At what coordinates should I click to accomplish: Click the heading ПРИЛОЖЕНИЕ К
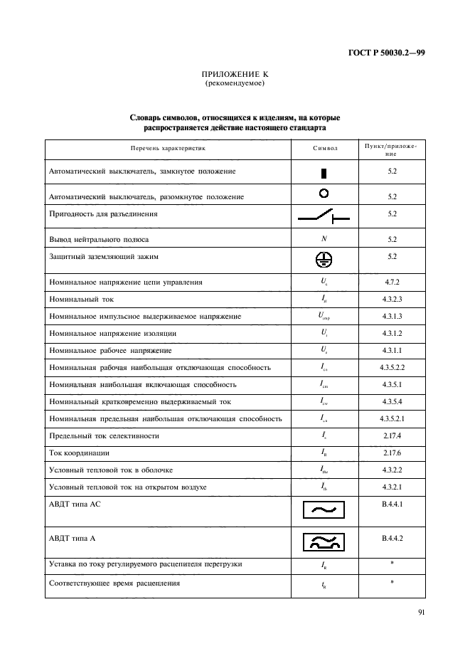(x=235, y=74)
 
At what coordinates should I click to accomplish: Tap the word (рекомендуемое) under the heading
(x=235, y=83)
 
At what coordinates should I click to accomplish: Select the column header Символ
(x=324, y=149)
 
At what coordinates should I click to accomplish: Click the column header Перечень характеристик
(x=168, y=149)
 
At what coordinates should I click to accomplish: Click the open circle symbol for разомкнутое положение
(x=324, y=193)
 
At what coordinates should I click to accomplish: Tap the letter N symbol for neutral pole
(x=324, y=239)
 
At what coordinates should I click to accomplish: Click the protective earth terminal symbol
(x=324, y=260)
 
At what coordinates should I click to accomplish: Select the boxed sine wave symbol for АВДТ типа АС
(x=324, y=510)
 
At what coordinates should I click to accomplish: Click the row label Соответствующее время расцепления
(x=114, y=583)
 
